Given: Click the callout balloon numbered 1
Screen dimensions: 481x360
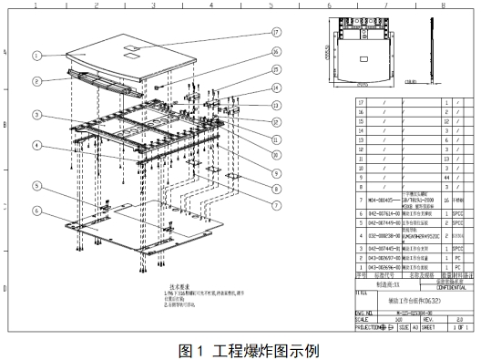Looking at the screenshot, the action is point(36,55).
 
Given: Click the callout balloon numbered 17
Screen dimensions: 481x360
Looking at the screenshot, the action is point(275,32).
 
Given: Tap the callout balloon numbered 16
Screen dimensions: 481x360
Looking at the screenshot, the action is point(275,71).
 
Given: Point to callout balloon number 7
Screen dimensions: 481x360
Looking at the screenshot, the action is point(275,193).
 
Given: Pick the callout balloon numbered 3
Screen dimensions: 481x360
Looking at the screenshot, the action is point(36,115).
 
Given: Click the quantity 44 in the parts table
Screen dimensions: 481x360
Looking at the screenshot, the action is point(446,175).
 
